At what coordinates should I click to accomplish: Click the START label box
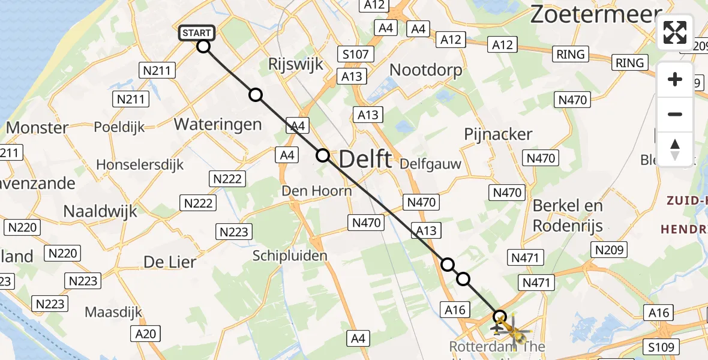(x=196, y=32)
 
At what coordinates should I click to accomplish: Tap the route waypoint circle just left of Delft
(x=323, y=155)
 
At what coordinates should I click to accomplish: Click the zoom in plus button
(x=675, y=80)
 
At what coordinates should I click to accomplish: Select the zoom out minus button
(x=675, y=115)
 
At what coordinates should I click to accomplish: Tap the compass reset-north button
(x=675, y=149)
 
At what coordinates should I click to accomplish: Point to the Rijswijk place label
(x=296, y=64)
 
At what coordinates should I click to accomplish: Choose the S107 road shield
(x=355, y=55)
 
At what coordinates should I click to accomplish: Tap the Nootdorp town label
(x=426, y=70)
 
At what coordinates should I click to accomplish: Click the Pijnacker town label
(x=498, y=134)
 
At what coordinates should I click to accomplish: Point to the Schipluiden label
(x=290, y=256)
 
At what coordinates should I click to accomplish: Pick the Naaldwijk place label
(x=100, y=211)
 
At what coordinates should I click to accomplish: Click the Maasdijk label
(x=113, y=312)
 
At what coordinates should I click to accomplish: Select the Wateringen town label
(x=218, y=124)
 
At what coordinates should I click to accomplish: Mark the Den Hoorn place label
(x=317, y=191)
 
